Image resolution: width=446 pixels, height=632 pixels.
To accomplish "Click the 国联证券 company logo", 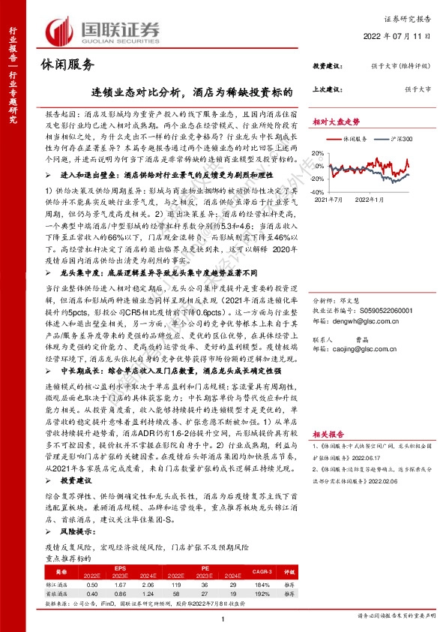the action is click(103, 32).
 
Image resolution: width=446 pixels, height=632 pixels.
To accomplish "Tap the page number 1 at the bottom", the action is click(223, 617).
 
